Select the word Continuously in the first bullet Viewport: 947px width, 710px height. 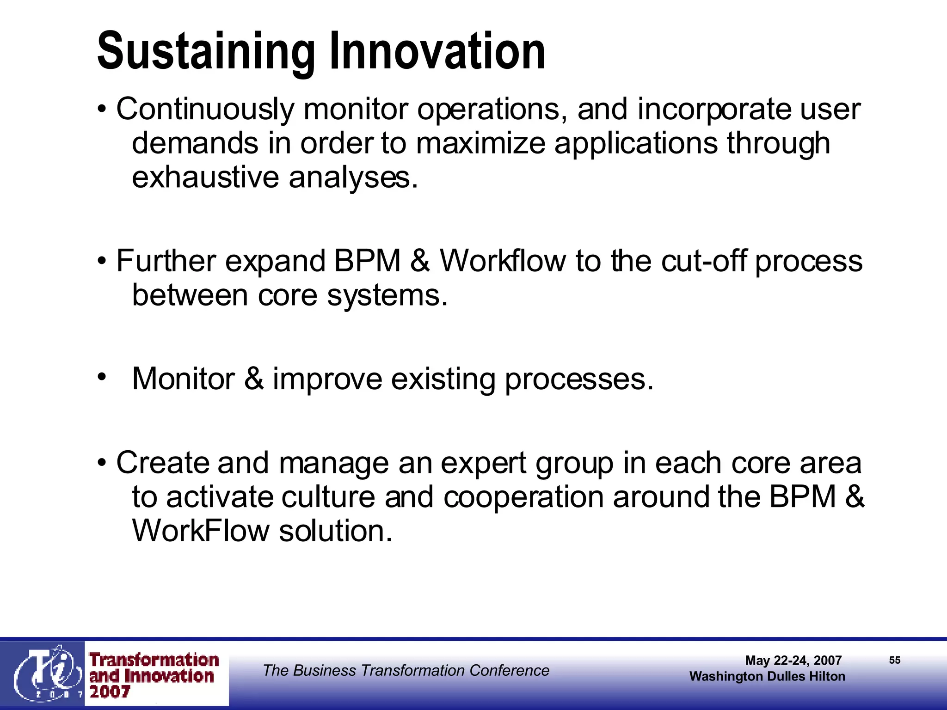(x=205, y=110)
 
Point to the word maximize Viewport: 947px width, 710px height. (x=480, y=143)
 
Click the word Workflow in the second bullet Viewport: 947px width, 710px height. (x=503, y=261)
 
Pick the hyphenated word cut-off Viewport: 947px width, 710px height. (x=703, y=261)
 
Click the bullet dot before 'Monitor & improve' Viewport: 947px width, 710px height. (x=102, y=377)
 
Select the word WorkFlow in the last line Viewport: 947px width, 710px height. (x=201, y=531)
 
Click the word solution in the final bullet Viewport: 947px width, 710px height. (x=336, y=531)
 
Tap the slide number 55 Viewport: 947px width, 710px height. (x=894, y=660)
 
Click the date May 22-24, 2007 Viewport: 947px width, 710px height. (x=793, y=661)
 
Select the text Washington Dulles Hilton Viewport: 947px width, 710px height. (x=767, y=676)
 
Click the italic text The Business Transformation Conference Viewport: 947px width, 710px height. (x=406, y=670)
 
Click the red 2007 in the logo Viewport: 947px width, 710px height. (x=110, y=692)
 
